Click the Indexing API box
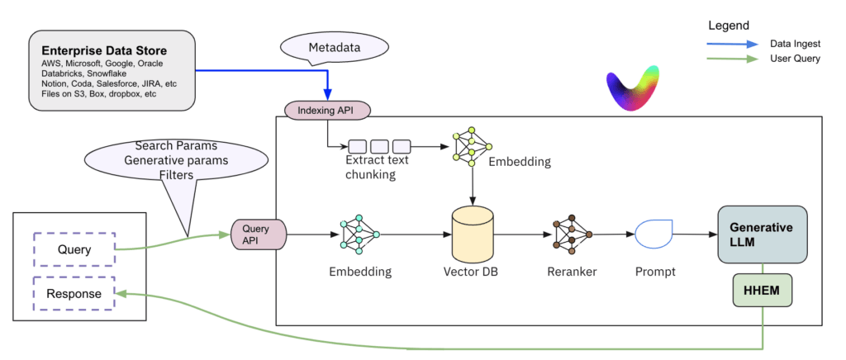pyautogui.click(x=328, y=110)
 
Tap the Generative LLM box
pyautogui.click(x=761, y=234)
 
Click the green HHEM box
pyautogui.click(x=763, y=291)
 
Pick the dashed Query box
pyautogui.click(x=74, y=249)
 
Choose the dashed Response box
pyautogui.click(x=74, y=293)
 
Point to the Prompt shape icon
pyautogui.click(x=654, y=234)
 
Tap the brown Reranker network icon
pyautogui.click(x=571, y=234)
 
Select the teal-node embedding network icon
pyautogui.click(x=359, y=234)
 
